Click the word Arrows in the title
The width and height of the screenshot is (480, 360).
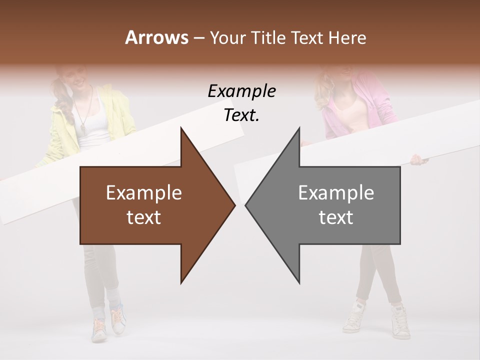point(156,37)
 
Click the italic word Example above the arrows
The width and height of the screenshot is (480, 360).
point(241,91)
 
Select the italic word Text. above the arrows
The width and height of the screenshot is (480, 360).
point(241,115)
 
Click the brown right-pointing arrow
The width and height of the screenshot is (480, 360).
point(150,205)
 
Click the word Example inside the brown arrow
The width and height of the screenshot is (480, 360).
point(144,193)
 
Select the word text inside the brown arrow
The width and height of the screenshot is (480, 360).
point(144,217)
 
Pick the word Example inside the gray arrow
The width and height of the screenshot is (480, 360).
point(336,193)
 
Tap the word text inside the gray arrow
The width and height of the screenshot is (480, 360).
point(336,217)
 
